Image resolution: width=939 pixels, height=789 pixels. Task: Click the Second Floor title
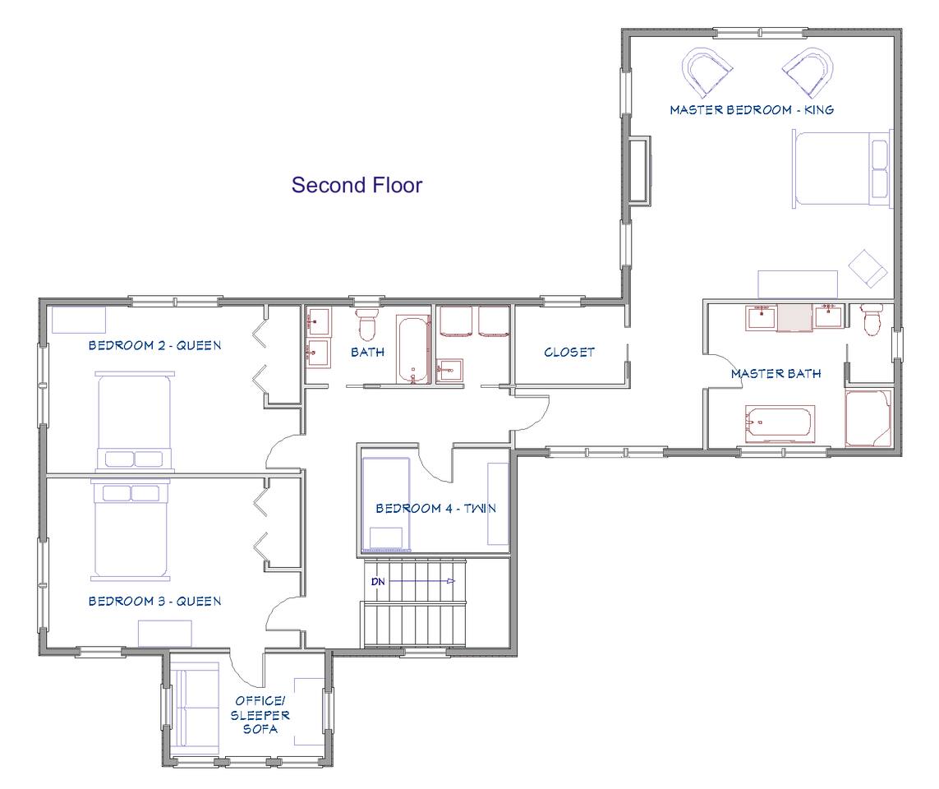[357, 185]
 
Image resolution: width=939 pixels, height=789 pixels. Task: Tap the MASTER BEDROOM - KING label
[752, 109]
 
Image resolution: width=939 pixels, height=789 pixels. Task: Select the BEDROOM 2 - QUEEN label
[154, 345]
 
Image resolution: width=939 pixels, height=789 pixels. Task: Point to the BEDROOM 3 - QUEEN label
[154, 601]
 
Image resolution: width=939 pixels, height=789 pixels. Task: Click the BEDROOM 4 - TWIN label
[436, 508]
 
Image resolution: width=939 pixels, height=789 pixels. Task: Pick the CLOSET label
[569, 353]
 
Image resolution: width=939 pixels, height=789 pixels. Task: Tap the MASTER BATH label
[776, 374]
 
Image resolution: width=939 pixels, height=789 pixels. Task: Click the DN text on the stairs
[378, 581]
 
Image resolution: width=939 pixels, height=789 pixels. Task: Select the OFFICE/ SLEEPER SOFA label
[260, 715]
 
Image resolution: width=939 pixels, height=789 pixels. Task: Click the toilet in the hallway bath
[366, 324]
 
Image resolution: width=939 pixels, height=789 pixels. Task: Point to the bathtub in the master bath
[780, 424]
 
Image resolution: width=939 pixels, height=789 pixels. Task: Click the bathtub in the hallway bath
[414, 350]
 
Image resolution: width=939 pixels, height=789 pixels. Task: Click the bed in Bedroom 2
[135, 421]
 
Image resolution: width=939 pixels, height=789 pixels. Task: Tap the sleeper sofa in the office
[196, 708]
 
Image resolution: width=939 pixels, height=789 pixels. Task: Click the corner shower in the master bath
[868, 419]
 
